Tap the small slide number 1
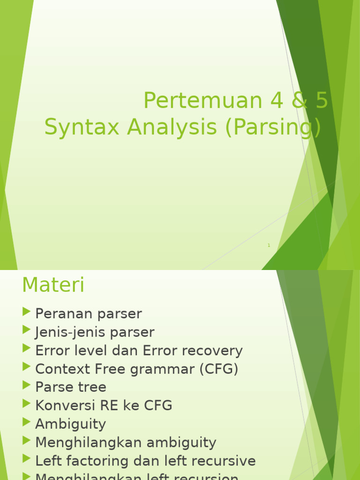[269, 245]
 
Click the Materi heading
[53, 285]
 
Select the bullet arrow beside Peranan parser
[26, 312]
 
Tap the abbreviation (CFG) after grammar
[219, 369]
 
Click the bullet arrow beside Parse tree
[26, 385]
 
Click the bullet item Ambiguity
[70, 424]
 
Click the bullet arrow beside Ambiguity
[26, 422]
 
